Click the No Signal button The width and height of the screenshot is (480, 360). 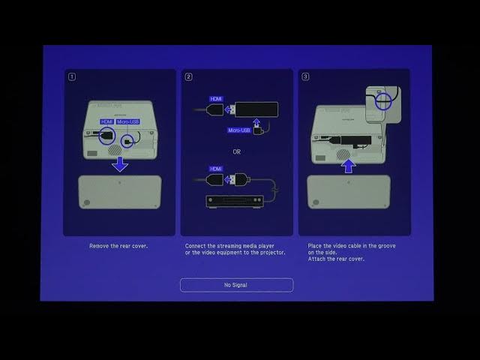pos(236,285)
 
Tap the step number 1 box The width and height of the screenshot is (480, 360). pos(72,76)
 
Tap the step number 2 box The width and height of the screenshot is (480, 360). pos(189,76)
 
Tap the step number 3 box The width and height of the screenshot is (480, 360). pos(306,76)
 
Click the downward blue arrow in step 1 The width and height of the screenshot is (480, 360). pos(120,164)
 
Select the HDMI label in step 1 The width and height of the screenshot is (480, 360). pos(106,121)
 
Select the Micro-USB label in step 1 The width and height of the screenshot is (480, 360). pos(127,121)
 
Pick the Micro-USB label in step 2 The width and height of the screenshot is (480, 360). pos(239,130)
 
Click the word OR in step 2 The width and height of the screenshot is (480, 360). pos(237,151)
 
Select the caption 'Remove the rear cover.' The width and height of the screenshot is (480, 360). pos(118,246)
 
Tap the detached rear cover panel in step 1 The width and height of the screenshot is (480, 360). pos(120,192)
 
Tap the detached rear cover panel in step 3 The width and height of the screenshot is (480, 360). pos(348,192)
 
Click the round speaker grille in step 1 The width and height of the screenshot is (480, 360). pos(115,149)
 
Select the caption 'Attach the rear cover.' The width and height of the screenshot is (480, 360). pos(336,259)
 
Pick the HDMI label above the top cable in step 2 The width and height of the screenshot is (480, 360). pos(216,99)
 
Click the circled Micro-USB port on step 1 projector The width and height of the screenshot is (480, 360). pos(128,139)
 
